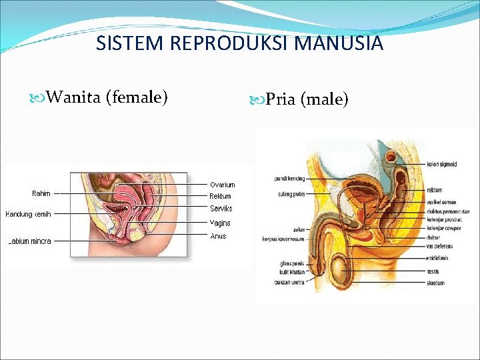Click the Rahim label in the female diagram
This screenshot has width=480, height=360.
pyautogui.click(x=41, y=193)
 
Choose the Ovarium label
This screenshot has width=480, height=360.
pyautogui.click(x=222, y=185)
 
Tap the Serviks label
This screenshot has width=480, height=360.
pyautogui.click(x=221, y=209)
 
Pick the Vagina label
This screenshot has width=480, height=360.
pyautogui.click(x=219, y=223)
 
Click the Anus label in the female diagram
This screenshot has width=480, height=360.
pyautogui.click(x=218, y=236)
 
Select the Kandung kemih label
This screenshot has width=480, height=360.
pyautogui.click(x=28, y=214)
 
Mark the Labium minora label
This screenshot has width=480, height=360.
pyautogui.click(x=29, y=241)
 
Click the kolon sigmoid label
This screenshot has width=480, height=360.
pyautogui.click(x=442, y=165)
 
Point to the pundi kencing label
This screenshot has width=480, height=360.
pyautogui.click(x=289, y=179)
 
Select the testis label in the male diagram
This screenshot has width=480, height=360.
pyautogui.click(x=433, y=272)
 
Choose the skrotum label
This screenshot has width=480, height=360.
pyautogui.click(x=436, y=283)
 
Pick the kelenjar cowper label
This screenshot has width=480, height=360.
pyautogui.click(x=443, y=227)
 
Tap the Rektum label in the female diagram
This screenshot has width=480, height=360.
pyautogui.click(x=220, y=197)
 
